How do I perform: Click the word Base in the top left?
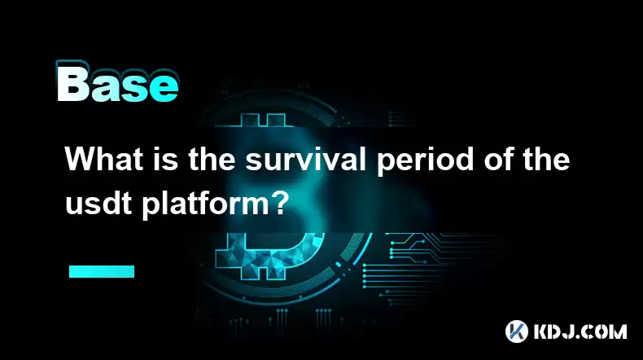coord(117,82)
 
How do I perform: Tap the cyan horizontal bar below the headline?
coord(102,271)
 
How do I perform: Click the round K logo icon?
coord(516,331)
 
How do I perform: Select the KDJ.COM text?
coord(580,331)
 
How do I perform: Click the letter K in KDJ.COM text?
coord(541,331)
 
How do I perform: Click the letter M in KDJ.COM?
coord(617,331)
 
